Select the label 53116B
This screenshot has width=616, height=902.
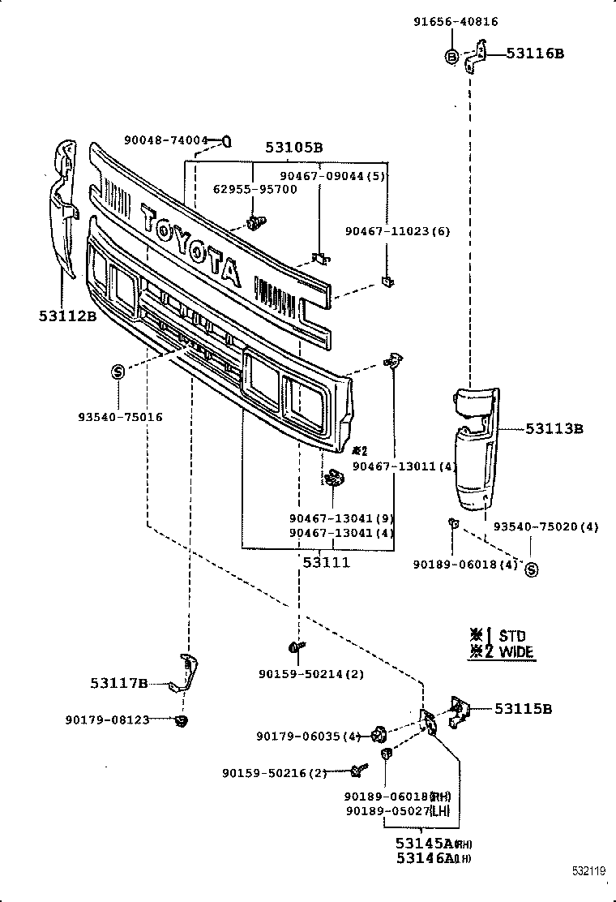pos(535,54)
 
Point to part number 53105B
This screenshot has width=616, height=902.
pos(294,148)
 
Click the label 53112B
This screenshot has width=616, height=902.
pos(67,316)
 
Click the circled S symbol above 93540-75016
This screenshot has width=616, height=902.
pos(118,372)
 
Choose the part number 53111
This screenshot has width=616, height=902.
pos(327,561)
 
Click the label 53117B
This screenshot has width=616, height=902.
pos(118,684)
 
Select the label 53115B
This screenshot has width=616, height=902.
pos(524,709)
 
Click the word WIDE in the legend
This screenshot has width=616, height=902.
pos(516,651)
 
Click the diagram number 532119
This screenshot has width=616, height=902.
pos(587,872)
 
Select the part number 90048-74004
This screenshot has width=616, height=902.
pos(166,140)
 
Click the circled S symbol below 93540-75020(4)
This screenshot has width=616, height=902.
pos(532,570)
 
